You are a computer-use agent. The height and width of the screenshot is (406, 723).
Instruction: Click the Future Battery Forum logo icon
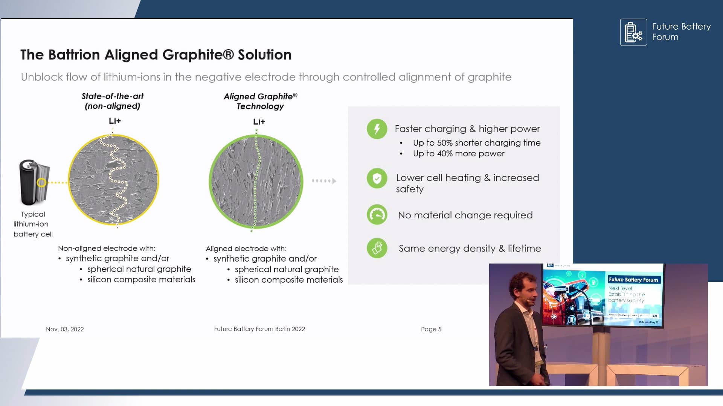(x=633, y=32)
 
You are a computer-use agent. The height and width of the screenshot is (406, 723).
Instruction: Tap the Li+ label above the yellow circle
(x=114, y=121)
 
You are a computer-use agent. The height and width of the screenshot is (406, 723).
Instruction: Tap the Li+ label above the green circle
(x=259, y=122)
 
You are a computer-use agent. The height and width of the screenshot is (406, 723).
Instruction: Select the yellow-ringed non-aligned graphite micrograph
(x=113, y=180)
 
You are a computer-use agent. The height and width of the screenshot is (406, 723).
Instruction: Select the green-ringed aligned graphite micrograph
(x=256, y=182)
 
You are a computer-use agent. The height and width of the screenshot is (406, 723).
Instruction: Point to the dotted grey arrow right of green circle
(x=324, y=181)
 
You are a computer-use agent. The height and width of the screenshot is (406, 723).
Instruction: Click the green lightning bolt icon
(x=377, y=129)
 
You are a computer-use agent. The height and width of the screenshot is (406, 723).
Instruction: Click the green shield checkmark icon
(x=377, y=179)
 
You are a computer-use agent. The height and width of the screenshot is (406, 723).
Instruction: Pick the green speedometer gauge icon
(x=377, y=215)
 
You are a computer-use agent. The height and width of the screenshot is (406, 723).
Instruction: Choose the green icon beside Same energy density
(x=377, y=248)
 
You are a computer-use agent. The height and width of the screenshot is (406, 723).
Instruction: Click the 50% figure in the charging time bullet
(x=445, y=143)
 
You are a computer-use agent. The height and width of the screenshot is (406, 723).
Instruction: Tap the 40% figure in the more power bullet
(x=445, y=153)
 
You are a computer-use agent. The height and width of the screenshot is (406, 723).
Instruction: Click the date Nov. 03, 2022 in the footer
(x=65, y=329)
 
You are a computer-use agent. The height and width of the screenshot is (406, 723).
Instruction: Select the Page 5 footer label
(x=431, y=329)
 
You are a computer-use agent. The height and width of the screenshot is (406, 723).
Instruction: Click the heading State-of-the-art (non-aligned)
(x=113, y=101)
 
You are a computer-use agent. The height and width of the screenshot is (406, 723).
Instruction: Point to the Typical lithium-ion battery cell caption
(x=33, y=224)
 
